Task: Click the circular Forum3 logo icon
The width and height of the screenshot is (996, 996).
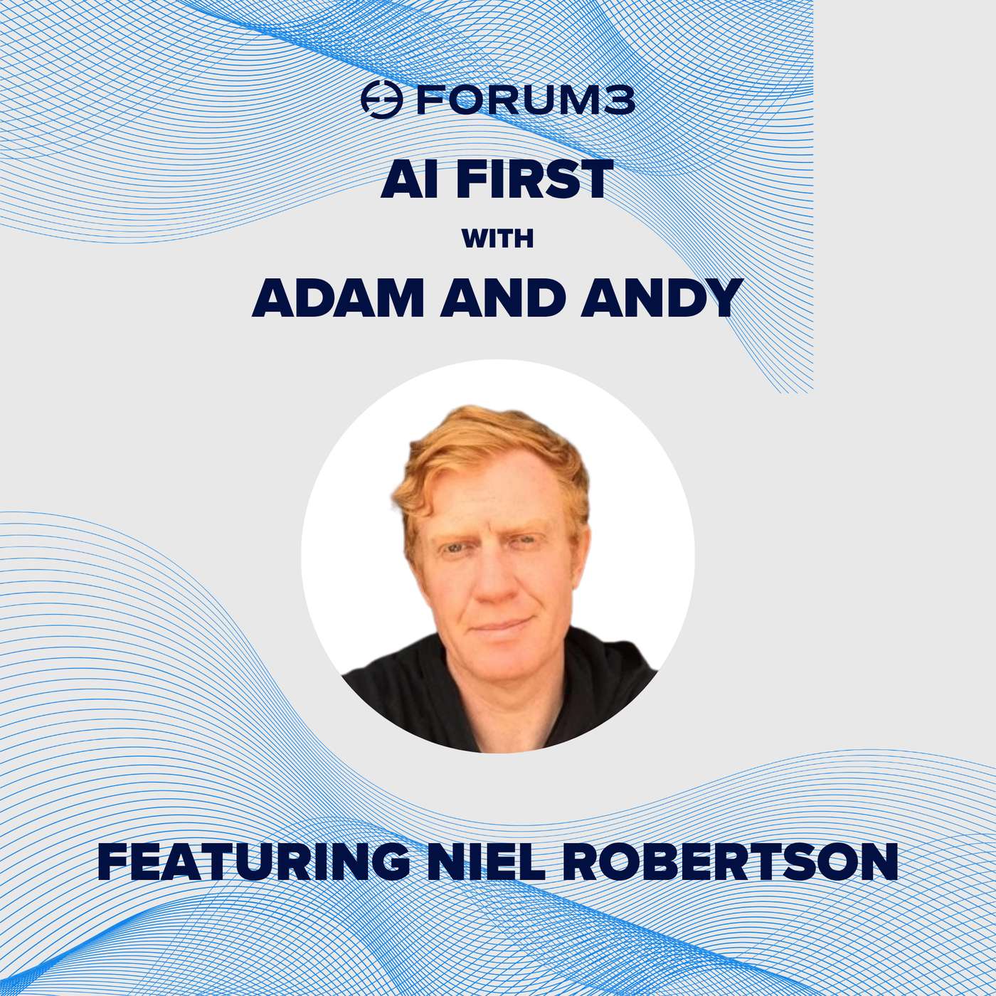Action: click(x=381, y=100)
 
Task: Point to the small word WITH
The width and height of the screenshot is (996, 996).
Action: click(x=497, y=239)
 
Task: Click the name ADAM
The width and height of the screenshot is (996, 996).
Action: click(x=338, y=298)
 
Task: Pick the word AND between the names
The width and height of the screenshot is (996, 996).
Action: click(x=502, y=298)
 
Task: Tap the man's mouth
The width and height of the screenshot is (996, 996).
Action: click(x=499, y=626)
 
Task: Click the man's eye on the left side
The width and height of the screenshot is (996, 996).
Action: click(x=455, y=549)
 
